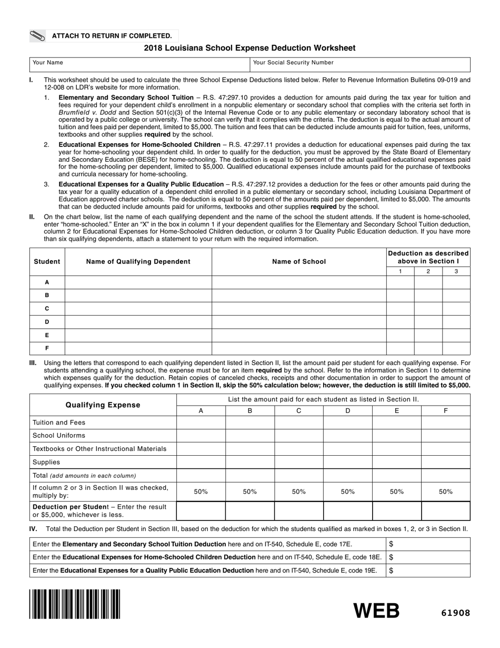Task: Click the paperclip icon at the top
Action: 39,36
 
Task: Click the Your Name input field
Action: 139,65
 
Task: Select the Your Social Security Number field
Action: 359,65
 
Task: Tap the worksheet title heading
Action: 249,48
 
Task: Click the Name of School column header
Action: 299,261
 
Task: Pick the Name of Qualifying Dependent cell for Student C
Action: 138,309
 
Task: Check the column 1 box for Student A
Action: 400,282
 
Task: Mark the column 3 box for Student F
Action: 456,348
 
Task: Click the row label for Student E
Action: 47,335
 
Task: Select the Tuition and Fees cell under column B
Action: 249,423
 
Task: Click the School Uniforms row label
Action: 59,436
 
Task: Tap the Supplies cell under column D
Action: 347,462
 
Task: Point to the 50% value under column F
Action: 445,492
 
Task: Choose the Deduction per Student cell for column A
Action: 201,510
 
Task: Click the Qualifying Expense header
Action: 103,405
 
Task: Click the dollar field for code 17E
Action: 428,544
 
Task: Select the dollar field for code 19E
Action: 428,570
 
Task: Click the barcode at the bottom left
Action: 75,604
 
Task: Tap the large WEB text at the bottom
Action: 376,611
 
